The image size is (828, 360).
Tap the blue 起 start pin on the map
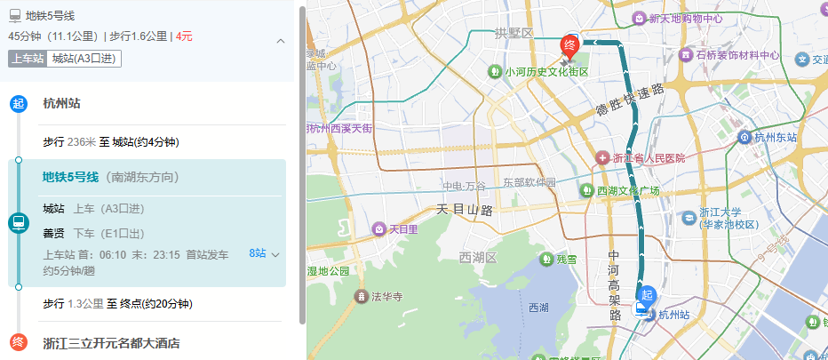coord(647,296)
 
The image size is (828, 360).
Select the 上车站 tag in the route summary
coord(27,59)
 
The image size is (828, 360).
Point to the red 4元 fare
coord(184,36)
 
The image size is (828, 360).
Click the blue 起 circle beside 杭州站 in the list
coord(18,103)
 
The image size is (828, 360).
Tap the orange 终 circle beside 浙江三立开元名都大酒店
coord(18,342)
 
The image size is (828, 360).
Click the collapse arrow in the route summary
coord(281,41)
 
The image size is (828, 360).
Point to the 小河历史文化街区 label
coord(546,72)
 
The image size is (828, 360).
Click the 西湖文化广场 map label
coord(627,191)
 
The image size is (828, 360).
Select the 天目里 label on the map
coord(402,229)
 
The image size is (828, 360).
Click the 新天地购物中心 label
coord(685,18)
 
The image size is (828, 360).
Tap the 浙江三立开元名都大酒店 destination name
coord(111,343)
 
